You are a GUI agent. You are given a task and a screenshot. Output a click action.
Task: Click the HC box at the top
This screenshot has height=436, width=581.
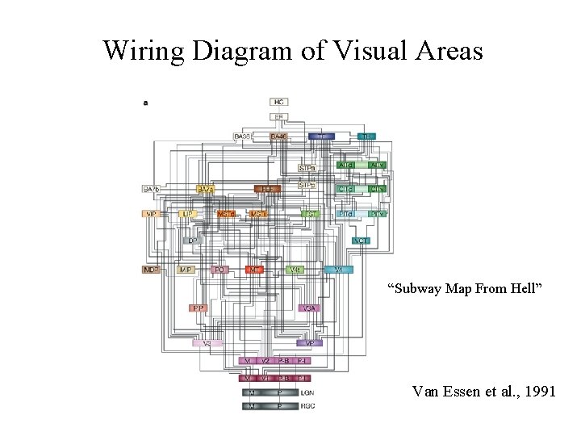(279, 102)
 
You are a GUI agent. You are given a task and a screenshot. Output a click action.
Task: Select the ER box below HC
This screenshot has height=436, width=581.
(279, 117)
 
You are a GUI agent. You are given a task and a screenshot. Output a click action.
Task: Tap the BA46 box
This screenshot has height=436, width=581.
(279, 136)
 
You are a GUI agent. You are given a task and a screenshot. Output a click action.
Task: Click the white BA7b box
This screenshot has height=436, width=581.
(151, 189)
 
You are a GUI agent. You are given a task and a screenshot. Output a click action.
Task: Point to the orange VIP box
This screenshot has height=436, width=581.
(151, 214)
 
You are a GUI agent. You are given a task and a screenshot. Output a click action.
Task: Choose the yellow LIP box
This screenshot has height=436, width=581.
(187, 214)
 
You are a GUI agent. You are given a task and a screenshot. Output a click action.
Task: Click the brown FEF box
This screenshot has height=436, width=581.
(267, 189)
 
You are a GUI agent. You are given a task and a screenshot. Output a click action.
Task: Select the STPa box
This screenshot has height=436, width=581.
(307, 169)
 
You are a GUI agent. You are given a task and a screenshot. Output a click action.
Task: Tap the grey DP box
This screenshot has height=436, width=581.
(192, 241)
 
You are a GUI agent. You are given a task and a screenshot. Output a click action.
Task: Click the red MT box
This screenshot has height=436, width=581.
(255, 269)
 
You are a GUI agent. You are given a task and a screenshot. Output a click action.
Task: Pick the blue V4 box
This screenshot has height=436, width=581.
(339, 269)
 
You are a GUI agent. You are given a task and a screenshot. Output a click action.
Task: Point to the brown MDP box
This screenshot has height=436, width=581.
(151, 269)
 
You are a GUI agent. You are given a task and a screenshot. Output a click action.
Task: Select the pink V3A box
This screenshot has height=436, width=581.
(308, 308)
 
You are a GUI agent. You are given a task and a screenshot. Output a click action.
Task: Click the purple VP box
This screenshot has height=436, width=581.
(310, 343)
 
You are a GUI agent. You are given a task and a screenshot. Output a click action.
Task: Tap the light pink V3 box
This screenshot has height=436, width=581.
(207, 343)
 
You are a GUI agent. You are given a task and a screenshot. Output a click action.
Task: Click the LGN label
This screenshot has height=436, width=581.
(307, 392)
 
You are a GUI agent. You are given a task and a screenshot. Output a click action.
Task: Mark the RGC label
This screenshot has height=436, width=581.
(307, 405)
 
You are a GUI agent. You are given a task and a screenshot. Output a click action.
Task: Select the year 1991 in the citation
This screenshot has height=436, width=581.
(538, 392)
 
